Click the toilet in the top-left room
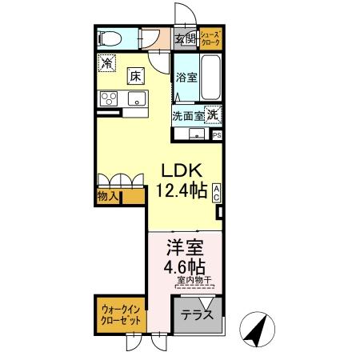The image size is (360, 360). (109, 38)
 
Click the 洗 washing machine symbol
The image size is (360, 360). (213, 114)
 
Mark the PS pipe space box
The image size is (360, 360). (218, 135)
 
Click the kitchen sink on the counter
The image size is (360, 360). (134, 99)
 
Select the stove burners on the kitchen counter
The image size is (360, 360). (106, 99)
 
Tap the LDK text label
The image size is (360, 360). (182, 171)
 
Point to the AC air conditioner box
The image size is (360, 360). (217, 192)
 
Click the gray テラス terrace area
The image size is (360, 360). (197, 314)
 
